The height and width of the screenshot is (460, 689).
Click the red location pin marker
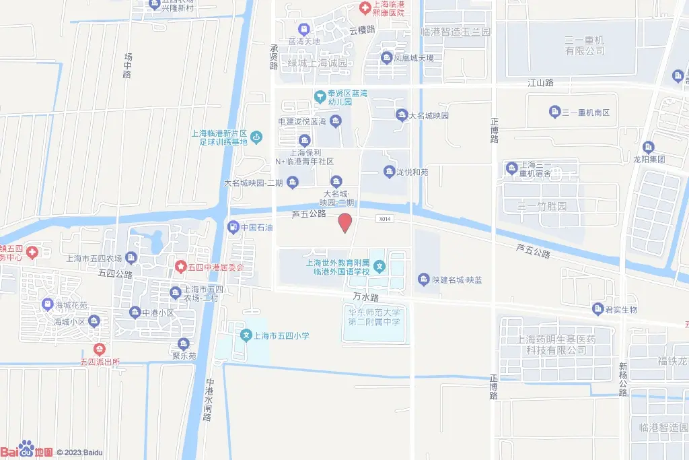pos(344,222)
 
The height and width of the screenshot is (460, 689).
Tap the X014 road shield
pos(384,219)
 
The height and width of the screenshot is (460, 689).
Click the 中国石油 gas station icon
pos(233,227)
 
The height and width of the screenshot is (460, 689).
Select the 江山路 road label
pos(540,82)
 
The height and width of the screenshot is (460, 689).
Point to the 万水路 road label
pos(365,296)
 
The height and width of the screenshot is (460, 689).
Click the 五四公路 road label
pos(115,274)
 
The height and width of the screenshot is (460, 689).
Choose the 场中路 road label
pos(127,65)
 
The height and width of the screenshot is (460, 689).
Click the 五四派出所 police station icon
pos(100,349)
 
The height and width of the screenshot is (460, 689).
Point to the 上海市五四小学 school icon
pos(247,335)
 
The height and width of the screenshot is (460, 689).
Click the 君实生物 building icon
pos(597,309)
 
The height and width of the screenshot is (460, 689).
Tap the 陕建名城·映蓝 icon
pos(423,279)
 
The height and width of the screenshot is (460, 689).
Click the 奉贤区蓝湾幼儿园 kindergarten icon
pos(320,96)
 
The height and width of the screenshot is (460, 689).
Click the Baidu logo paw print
pos(26,448)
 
